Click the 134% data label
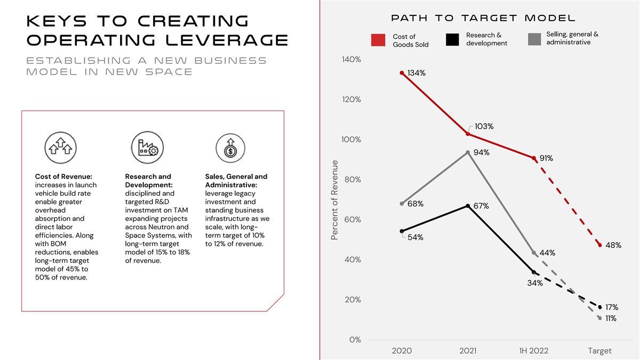pyautogui.click(x=416, y=73)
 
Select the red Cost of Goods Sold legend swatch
pyautogui.click(x=378, y=40)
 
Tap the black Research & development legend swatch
pyautogui.click(x=452, y=39)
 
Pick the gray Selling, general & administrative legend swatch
pyautogui.click(x=535, y=39)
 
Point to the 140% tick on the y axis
pyautogui.click(x=351, y=60)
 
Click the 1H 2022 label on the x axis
pyautogui.click(x=533, y=351)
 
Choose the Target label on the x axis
pyautogui.click(x=599, y=351)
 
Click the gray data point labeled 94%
pyautogui.click(x=468, y=153)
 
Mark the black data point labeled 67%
pyautogui.click(x=468, y=206)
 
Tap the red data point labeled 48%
pyautogui.click(x=600, y=245)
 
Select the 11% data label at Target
pyautogui.click(x=610, y=319)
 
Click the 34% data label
pyautogui.click(x=535, y=283)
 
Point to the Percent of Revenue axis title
pyautogui.click(x=335, y=207)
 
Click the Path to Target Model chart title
pyautogui.click(x=483, y=18)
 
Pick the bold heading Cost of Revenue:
pyautogui.click(x=63, y=177)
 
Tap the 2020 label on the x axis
pyautogui.click(x=402, y=351)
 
